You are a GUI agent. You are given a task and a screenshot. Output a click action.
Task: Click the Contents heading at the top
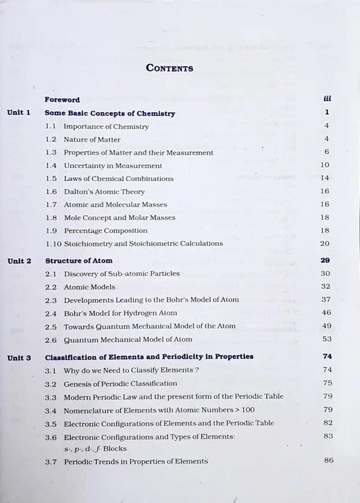[x=170, y=68]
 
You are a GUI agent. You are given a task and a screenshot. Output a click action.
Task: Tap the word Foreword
[x=62, y=99]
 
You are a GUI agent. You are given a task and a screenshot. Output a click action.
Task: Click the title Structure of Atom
[x=78, y=260]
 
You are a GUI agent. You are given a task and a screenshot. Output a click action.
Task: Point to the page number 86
[x=328, y=460]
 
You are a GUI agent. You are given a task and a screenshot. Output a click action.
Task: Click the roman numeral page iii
[x=327, y=99]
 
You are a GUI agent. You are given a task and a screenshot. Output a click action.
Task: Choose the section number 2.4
[x=51, y=313]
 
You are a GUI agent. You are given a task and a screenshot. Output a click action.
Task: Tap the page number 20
[x=325, y=243]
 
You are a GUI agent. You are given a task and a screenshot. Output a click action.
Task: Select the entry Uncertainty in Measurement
[x=113, y=165]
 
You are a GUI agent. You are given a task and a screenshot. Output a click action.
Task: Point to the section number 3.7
[x=51, y=461]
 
